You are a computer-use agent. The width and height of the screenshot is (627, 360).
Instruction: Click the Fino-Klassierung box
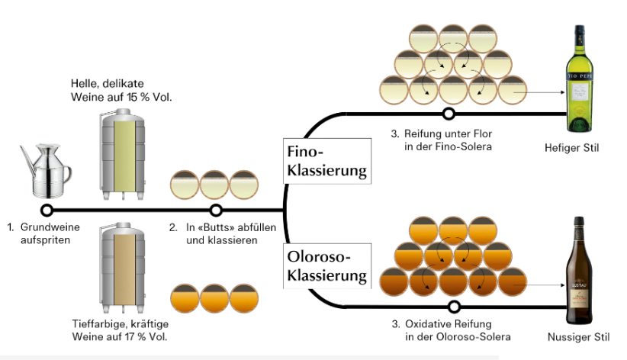tap(326, 159)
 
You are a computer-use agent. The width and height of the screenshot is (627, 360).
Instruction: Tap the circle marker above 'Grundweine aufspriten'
tap(47, 210)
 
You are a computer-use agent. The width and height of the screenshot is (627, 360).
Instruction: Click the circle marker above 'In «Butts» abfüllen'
tap(216, 210)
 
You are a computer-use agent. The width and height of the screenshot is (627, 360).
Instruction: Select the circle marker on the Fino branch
tap(449, 114)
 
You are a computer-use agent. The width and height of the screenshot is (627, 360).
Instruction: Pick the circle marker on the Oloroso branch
tap(454, 307)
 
